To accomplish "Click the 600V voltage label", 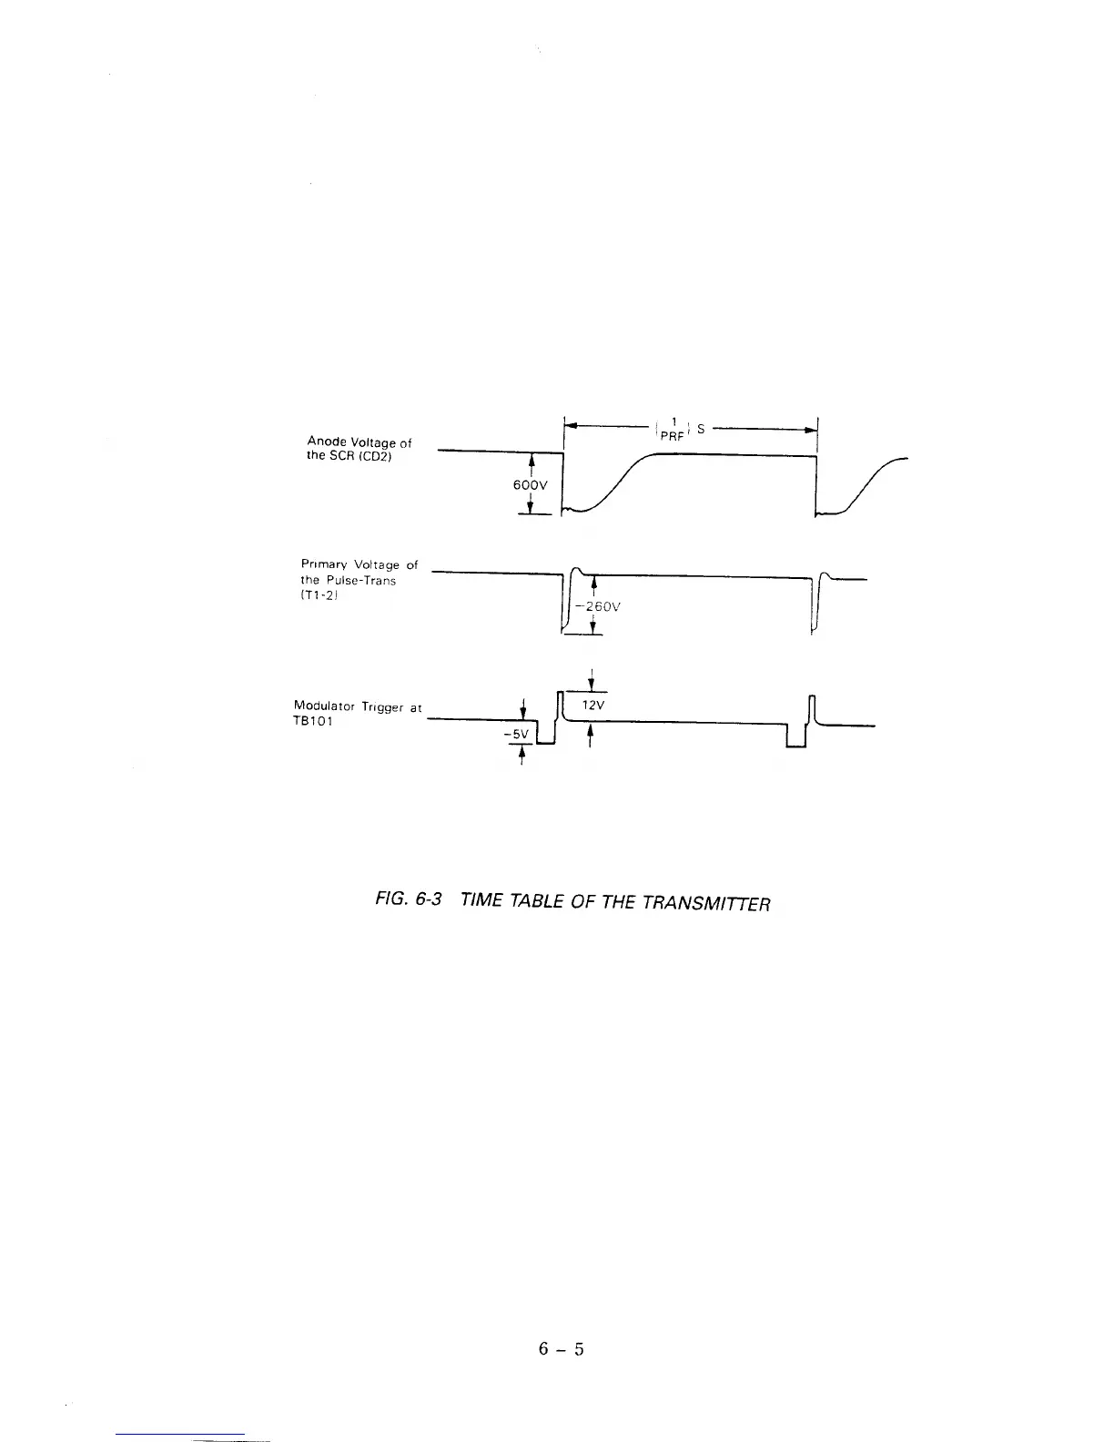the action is [531, 485].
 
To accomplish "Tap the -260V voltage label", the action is [599, 607].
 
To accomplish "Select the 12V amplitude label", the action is [592, 706].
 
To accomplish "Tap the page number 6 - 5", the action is [561, 1348].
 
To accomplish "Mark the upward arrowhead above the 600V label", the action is [531, 459].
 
